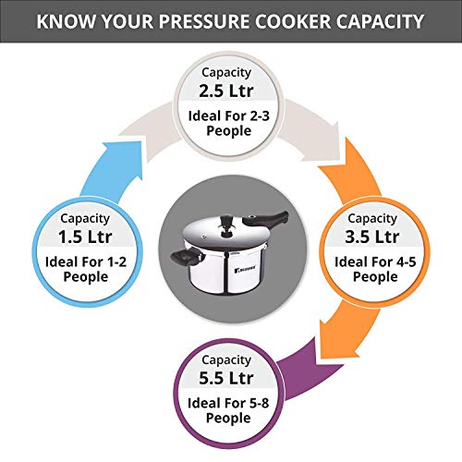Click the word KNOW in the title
[64, 20]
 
